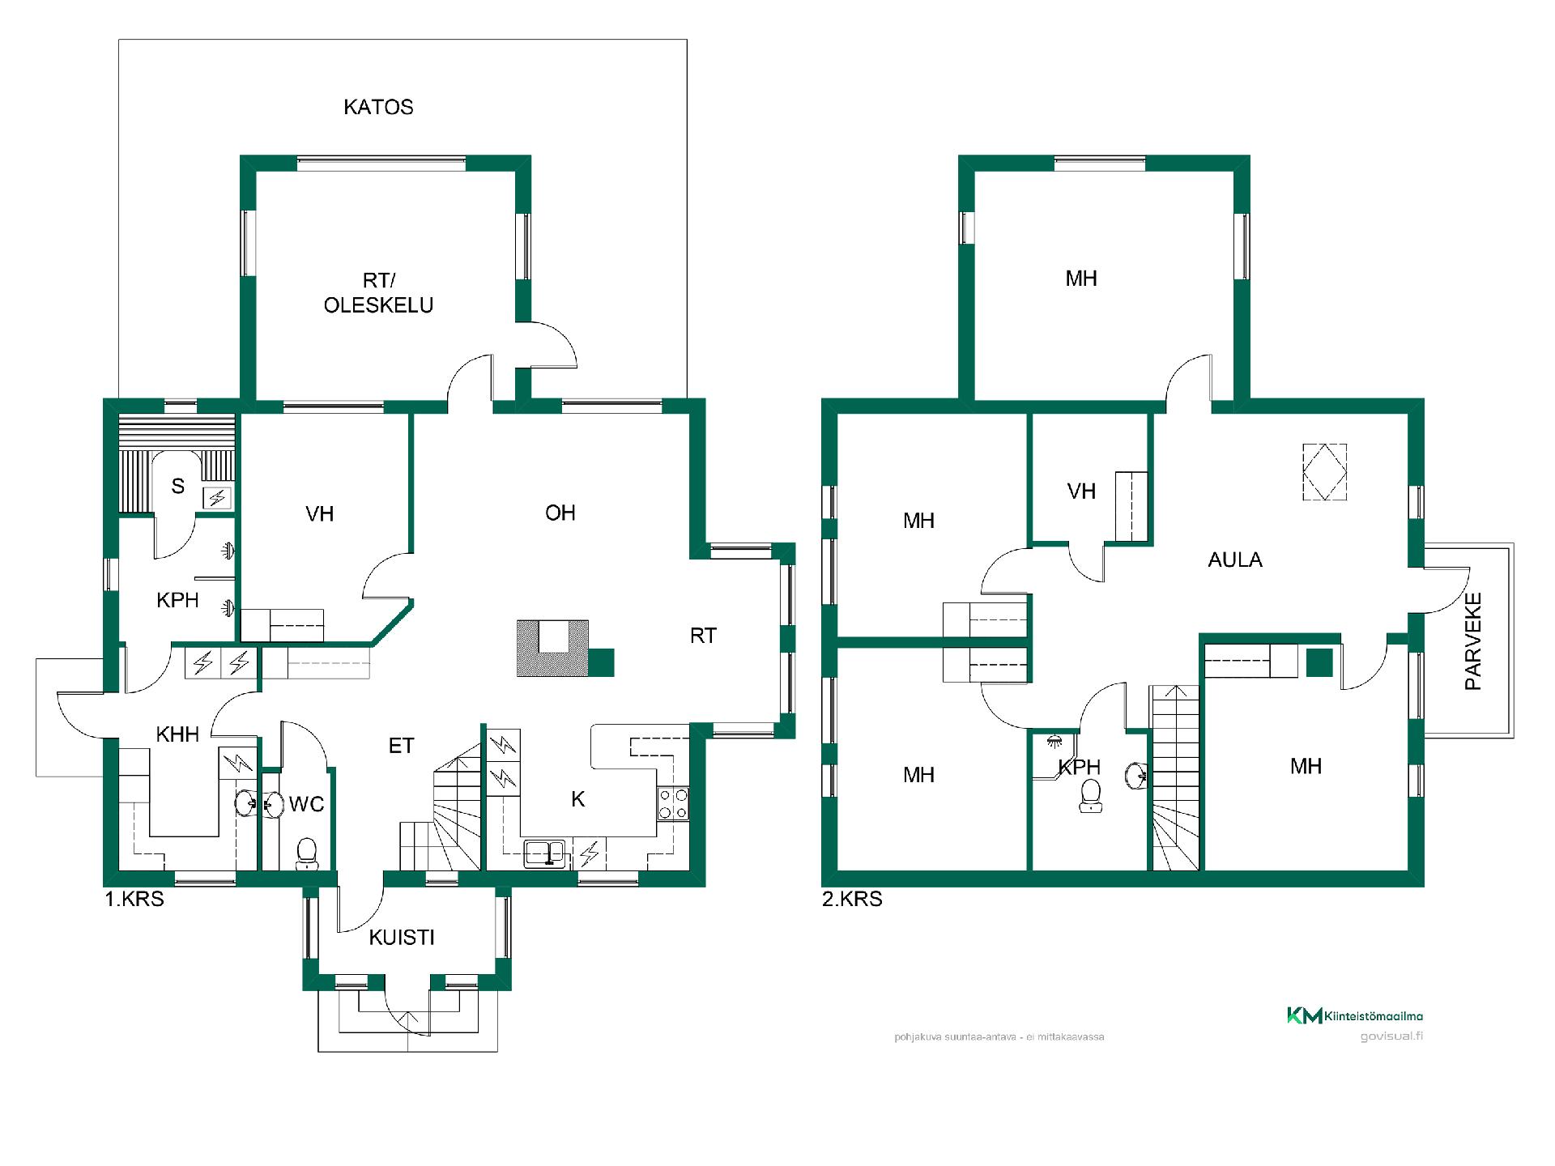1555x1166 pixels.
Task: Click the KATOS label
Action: pyautogui.click(x=378, y=107)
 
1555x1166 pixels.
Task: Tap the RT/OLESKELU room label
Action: pyautogui.click(x=378, y=293)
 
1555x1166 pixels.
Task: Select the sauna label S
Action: pyautogui.click(x=178, y=487)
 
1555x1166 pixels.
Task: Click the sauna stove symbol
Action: pyautogui.click(x=217, y=497)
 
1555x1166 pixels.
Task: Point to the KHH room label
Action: pyautogui.click(x=177, y=734)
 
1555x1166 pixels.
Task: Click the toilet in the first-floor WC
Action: pyautogui.click(x=306, y=853)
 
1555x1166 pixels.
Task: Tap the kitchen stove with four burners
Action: pyautogui.click(x=673, y=803)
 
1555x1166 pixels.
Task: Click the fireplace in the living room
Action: pyautogui.click(x=553, y=648)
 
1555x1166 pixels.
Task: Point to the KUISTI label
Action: pyautogui.click(x=402, y=938)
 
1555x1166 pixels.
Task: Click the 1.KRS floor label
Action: pyautogui.click(x=134, y=899)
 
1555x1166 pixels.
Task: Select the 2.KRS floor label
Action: pyautogui.click(x=852, y=899)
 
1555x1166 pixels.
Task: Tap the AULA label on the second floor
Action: pyautogui.click(x=1235, y=560)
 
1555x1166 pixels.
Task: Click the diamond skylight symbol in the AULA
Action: pyautogui.click(x=1324, y=472)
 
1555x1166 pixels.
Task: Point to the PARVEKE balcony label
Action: pyautogui.click(x=1473, y=641)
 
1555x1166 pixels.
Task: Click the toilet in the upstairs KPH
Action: pyautogui.click(x=1091, y=795)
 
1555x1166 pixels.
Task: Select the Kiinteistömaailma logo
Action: pyautogui.click(x=1355, y=1015)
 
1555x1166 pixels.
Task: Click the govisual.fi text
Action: pyautogui.click(x=1391, y=1036)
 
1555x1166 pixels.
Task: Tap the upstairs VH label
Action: pyautogui.click(x=1081, y=492)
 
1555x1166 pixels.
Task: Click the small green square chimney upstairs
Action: pyautogui.click(x=1320, y=663)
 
